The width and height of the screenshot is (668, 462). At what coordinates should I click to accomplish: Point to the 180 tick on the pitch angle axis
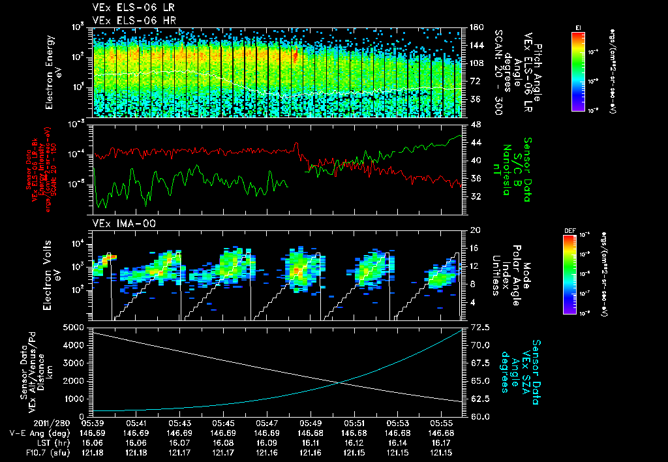476,27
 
